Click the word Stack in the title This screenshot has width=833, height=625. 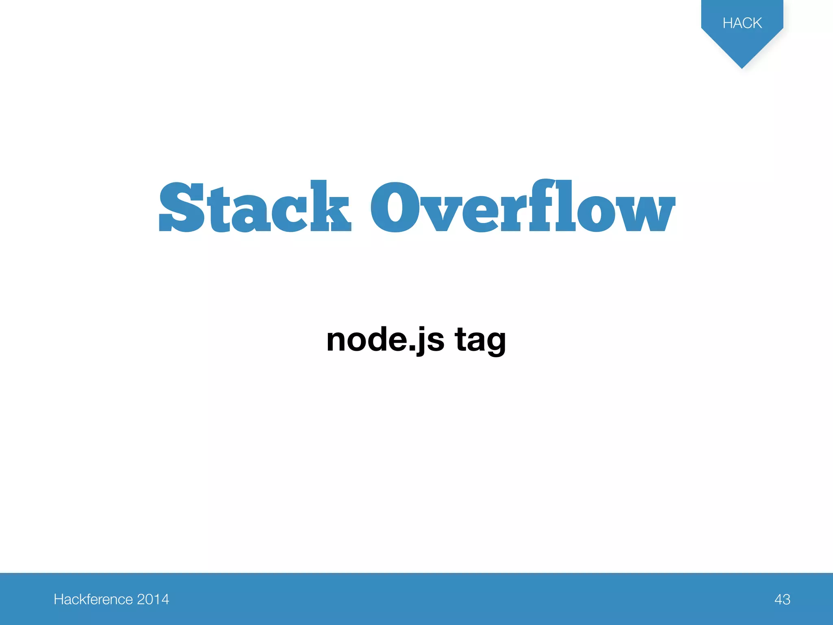(255, 207)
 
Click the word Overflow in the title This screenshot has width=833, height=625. (522, 207)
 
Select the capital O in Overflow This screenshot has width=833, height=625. (396, 208)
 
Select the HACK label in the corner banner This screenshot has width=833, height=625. (742, 23)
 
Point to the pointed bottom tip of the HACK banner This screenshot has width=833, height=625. (742, 67)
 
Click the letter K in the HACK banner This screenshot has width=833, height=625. (756, 23)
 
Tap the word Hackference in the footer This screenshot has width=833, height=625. (93, 599)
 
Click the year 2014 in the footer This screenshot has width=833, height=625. (153, 599)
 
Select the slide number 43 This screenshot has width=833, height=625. (782, 599)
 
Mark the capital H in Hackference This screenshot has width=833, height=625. (59, 599)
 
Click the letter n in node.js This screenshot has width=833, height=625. (336, 341)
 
